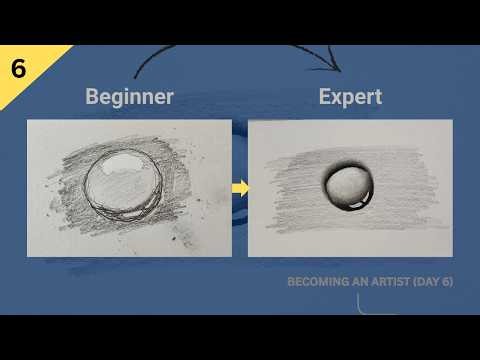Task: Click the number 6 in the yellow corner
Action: pyautogui.click(x=19, y=69)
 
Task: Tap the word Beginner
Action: pyautogui.click(x=129, y=97)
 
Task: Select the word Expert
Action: pyautogui.click(x=350, y=97)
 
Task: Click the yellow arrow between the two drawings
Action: pyautogui.click(x=240, y=187)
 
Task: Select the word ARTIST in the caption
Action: pyautogui.click(x=388, y=282)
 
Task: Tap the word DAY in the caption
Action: pyautogui.click(x=427, y=282)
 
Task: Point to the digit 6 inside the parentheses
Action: pyautogui.click(x=445, y=282)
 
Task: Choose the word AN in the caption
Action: pyautogui.click(x=357, y=282)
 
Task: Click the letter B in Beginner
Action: pyautogui.click(x=92, y=97)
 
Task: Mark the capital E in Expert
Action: pyautogui.click(x=325, y=97)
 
